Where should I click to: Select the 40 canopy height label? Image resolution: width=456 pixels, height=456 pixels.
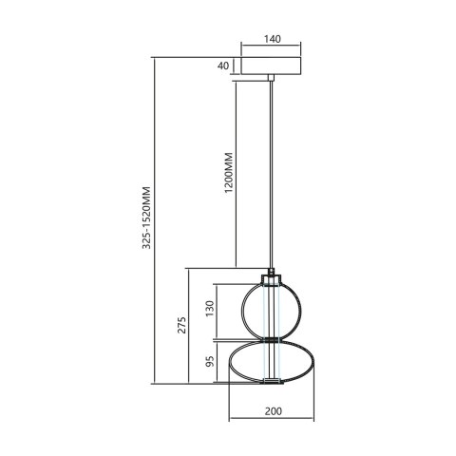click(x=223, y=66)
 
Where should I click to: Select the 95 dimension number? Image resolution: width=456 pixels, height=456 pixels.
click(x=211, y=362)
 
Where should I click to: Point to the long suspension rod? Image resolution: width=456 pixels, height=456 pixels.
click(x=272, y=171)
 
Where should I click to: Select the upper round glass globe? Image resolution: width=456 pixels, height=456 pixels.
click(x=273, y=305)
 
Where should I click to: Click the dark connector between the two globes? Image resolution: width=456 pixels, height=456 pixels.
click(x=273, y=337)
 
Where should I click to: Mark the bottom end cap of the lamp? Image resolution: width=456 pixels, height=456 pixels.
click(x=273, y=382)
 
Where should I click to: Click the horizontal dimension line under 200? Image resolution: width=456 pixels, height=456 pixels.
click(x=273, y=423)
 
